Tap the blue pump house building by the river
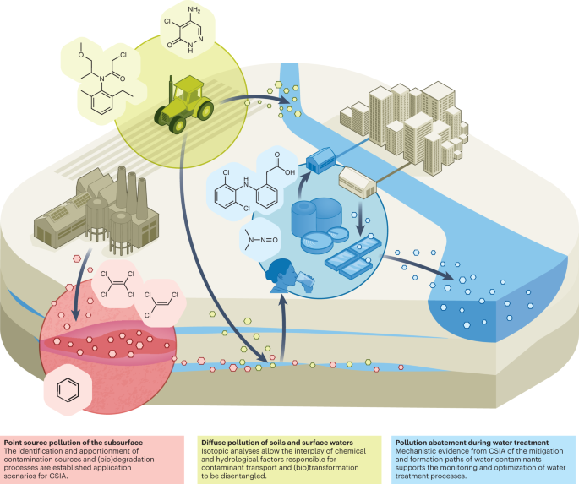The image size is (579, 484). [326, 155]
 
